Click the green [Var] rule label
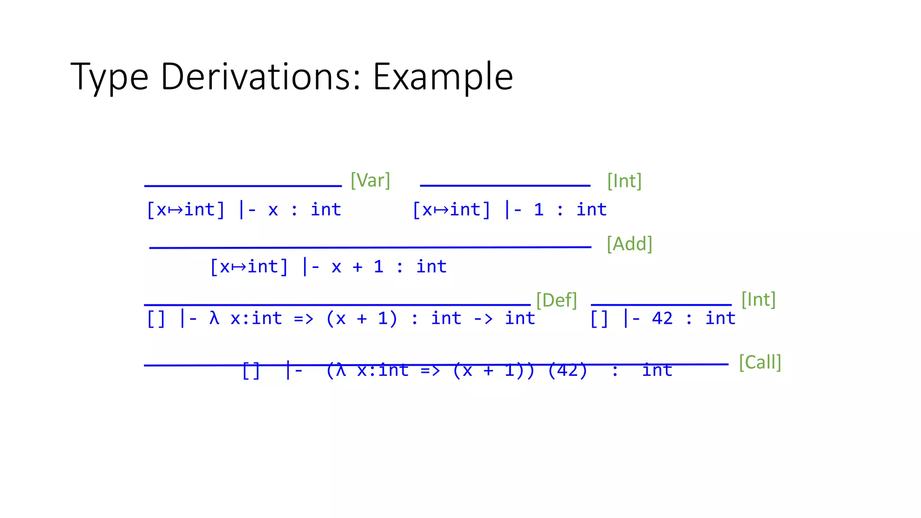pyautogui.click(x=370, y=180)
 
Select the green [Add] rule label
pyautogui.click(x=629, y=244)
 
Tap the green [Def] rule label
pyautogui.click(x=556, y=300)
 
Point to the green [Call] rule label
pyautogui.click(x=760, y=362)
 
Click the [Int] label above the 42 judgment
pyautogui.click(x=758, y=299)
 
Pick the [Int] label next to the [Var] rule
pyautogui.click(x=624, y=181)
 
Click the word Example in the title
pyautogui.click(x=443, y=76)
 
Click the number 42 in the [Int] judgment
pyautogui.click(x=662, y=318)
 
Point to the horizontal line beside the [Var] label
pyautogui.click(x=243, y=186)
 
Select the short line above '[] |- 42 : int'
pyautogui.click(x=661, y=305)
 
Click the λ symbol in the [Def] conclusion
pyautogui.click(x=214, y=318)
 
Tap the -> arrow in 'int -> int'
pyautogui.click(x=483, y=319)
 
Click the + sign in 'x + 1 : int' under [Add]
pyautogui.click(x=358, y=267)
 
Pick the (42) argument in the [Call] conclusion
pyautogui.click(x=568, y=370)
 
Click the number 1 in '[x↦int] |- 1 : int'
pyautogui.click(x=539, y=210)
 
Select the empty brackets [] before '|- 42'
pyautogui.click(x=599, y=319)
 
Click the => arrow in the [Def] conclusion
pyautogui.click(x=304, y=319)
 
